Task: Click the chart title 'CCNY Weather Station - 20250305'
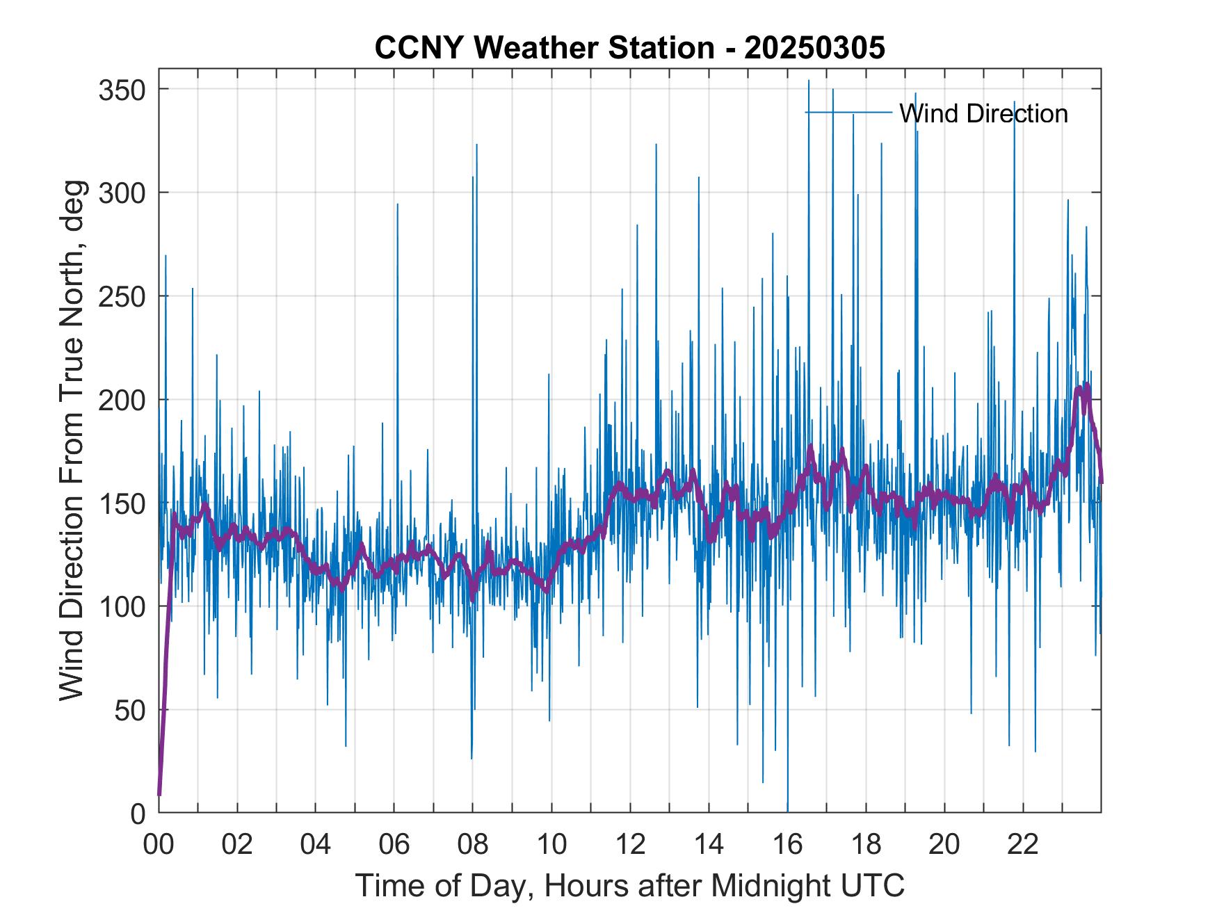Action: coord(629,48)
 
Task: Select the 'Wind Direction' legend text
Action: coord(983,113)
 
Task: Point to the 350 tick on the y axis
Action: coord(121,90)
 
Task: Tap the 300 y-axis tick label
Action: coord(121,193)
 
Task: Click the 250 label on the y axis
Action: coord(121,296)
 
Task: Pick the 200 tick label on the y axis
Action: coord(121,400)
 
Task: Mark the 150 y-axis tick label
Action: coord(121,503)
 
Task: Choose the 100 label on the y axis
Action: coord(121,606)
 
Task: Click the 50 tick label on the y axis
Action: coord(129,710)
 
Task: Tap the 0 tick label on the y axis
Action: coord(137,814)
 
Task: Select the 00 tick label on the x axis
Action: coord(159,846)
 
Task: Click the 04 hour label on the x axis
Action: coord(316,846)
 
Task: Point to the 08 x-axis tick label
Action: coord(473,846)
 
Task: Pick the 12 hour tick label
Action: coord(630,846)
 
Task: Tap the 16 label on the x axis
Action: coord(787,846)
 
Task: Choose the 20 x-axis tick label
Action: coord(944,846)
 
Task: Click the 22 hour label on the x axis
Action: coord(1023,846)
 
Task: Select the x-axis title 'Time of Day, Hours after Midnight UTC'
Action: coord(630,886)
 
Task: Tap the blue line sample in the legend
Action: coord(848,113)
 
